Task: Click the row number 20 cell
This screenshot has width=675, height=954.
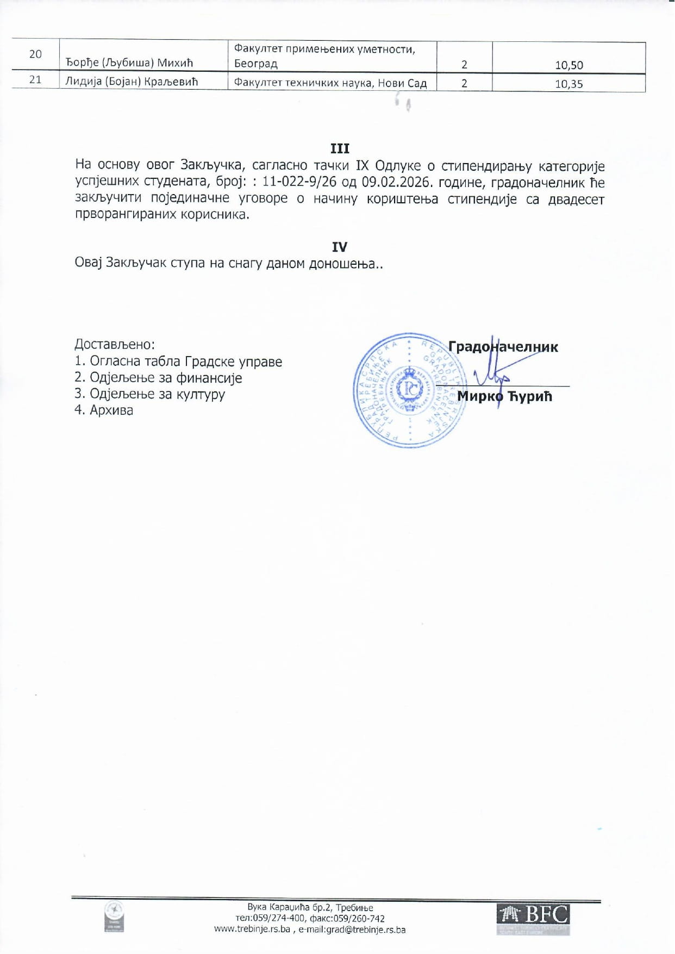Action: tap(35, 54)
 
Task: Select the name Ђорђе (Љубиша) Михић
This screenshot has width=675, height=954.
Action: tap(129, 63)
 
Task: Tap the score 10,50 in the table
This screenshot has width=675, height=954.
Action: tap(568, 65)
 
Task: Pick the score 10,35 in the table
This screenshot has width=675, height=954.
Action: tap(568, 84)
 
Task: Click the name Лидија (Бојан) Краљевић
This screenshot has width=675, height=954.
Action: tap(132, 82)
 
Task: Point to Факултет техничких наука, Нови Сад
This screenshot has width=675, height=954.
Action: tap(330, 84)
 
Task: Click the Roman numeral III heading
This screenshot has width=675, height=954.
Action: tap(340, 148)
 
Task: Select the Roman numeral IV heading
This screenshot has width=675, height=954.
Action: tap(340, 247)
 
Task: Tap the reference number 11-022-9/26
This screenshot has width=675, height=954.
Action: tap(299, 182)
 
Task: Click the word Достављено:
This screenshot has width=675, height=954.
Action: tap(115, 344)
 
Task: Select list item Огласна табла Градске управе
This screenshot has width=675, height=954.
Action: tap(185, 361)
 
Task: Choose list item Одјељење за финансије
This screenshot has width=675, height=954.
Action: tap(165, 378)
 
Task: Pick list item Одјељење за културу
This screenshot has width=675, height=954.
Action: tap(157, 394)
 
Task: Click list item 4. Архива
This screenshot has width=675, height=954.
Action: tap(104, 410)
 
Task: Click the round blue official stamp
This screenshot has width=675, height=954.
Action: tap(408, 390)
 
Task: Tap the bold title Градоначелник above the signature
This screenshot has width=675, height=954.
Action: tap(503, 347)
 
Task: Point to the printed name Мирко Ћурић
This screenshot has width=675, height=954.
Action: tap(505, 396)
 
